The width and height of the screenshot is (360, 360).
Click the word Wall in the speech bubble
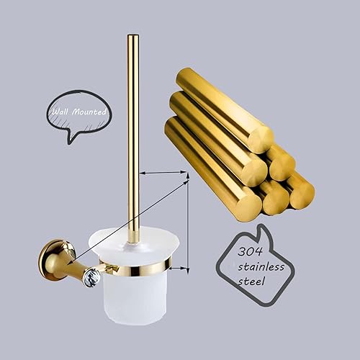(x=60, y=112)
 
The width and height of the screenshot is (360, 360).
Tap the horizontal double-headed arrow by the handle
(x=162, y=173)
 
